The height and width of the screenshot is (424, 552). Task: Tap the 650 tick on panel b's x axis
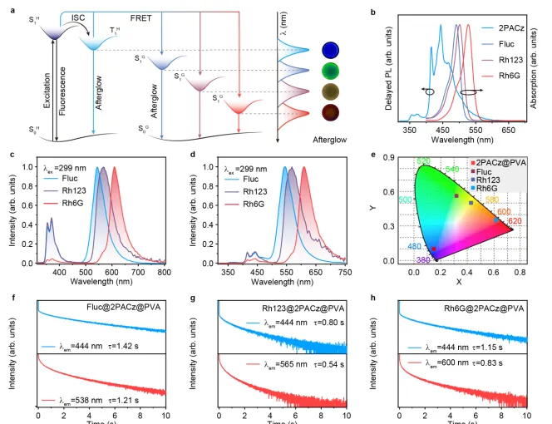tap(505, 131)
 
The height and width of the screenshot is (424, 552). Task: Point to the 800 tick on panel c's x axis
tap(164, 272)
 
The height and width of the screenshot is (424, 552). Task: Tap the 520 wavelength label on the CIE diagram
tap(423, 160)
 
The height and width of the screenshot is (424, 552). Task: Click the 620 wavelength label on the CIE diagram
tap(515, 221)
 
